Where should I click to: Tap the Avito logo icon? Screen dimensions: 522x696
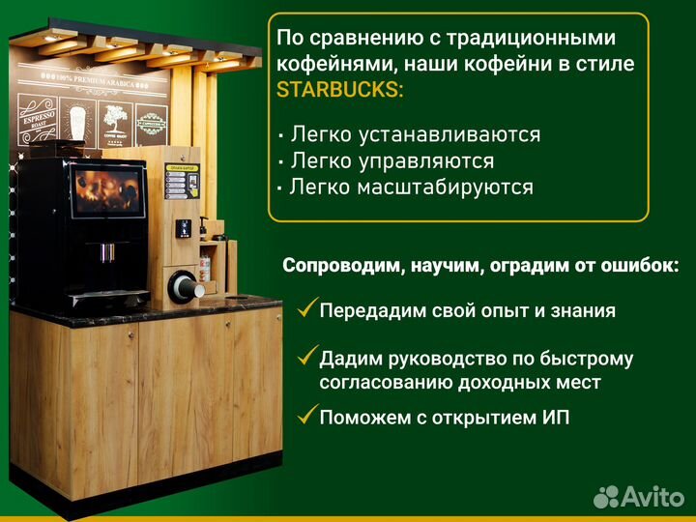pos(605,496)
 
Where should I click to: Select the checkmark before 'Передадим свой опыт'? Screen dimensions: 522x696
pos(307,309)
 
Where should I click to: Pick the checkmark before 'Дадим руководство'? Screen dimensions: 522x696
pos(307,358)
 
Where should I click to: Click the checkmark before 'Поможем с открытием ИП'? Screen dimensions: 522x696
pos(307,417)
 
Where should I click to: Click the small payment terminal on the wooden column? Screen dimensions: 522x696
pos(180,230)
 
